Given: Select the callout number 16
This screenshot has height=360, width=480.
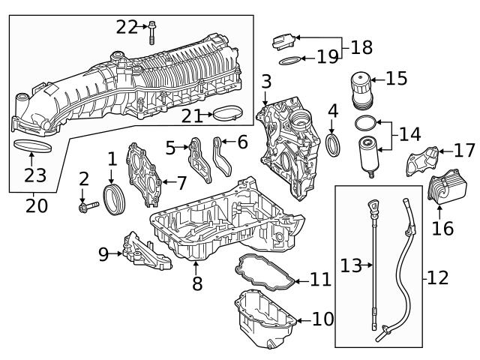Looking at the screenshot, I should pos(442,227).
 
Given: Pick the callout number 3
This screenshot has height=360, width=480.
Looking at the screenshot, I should pos(265,81).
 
